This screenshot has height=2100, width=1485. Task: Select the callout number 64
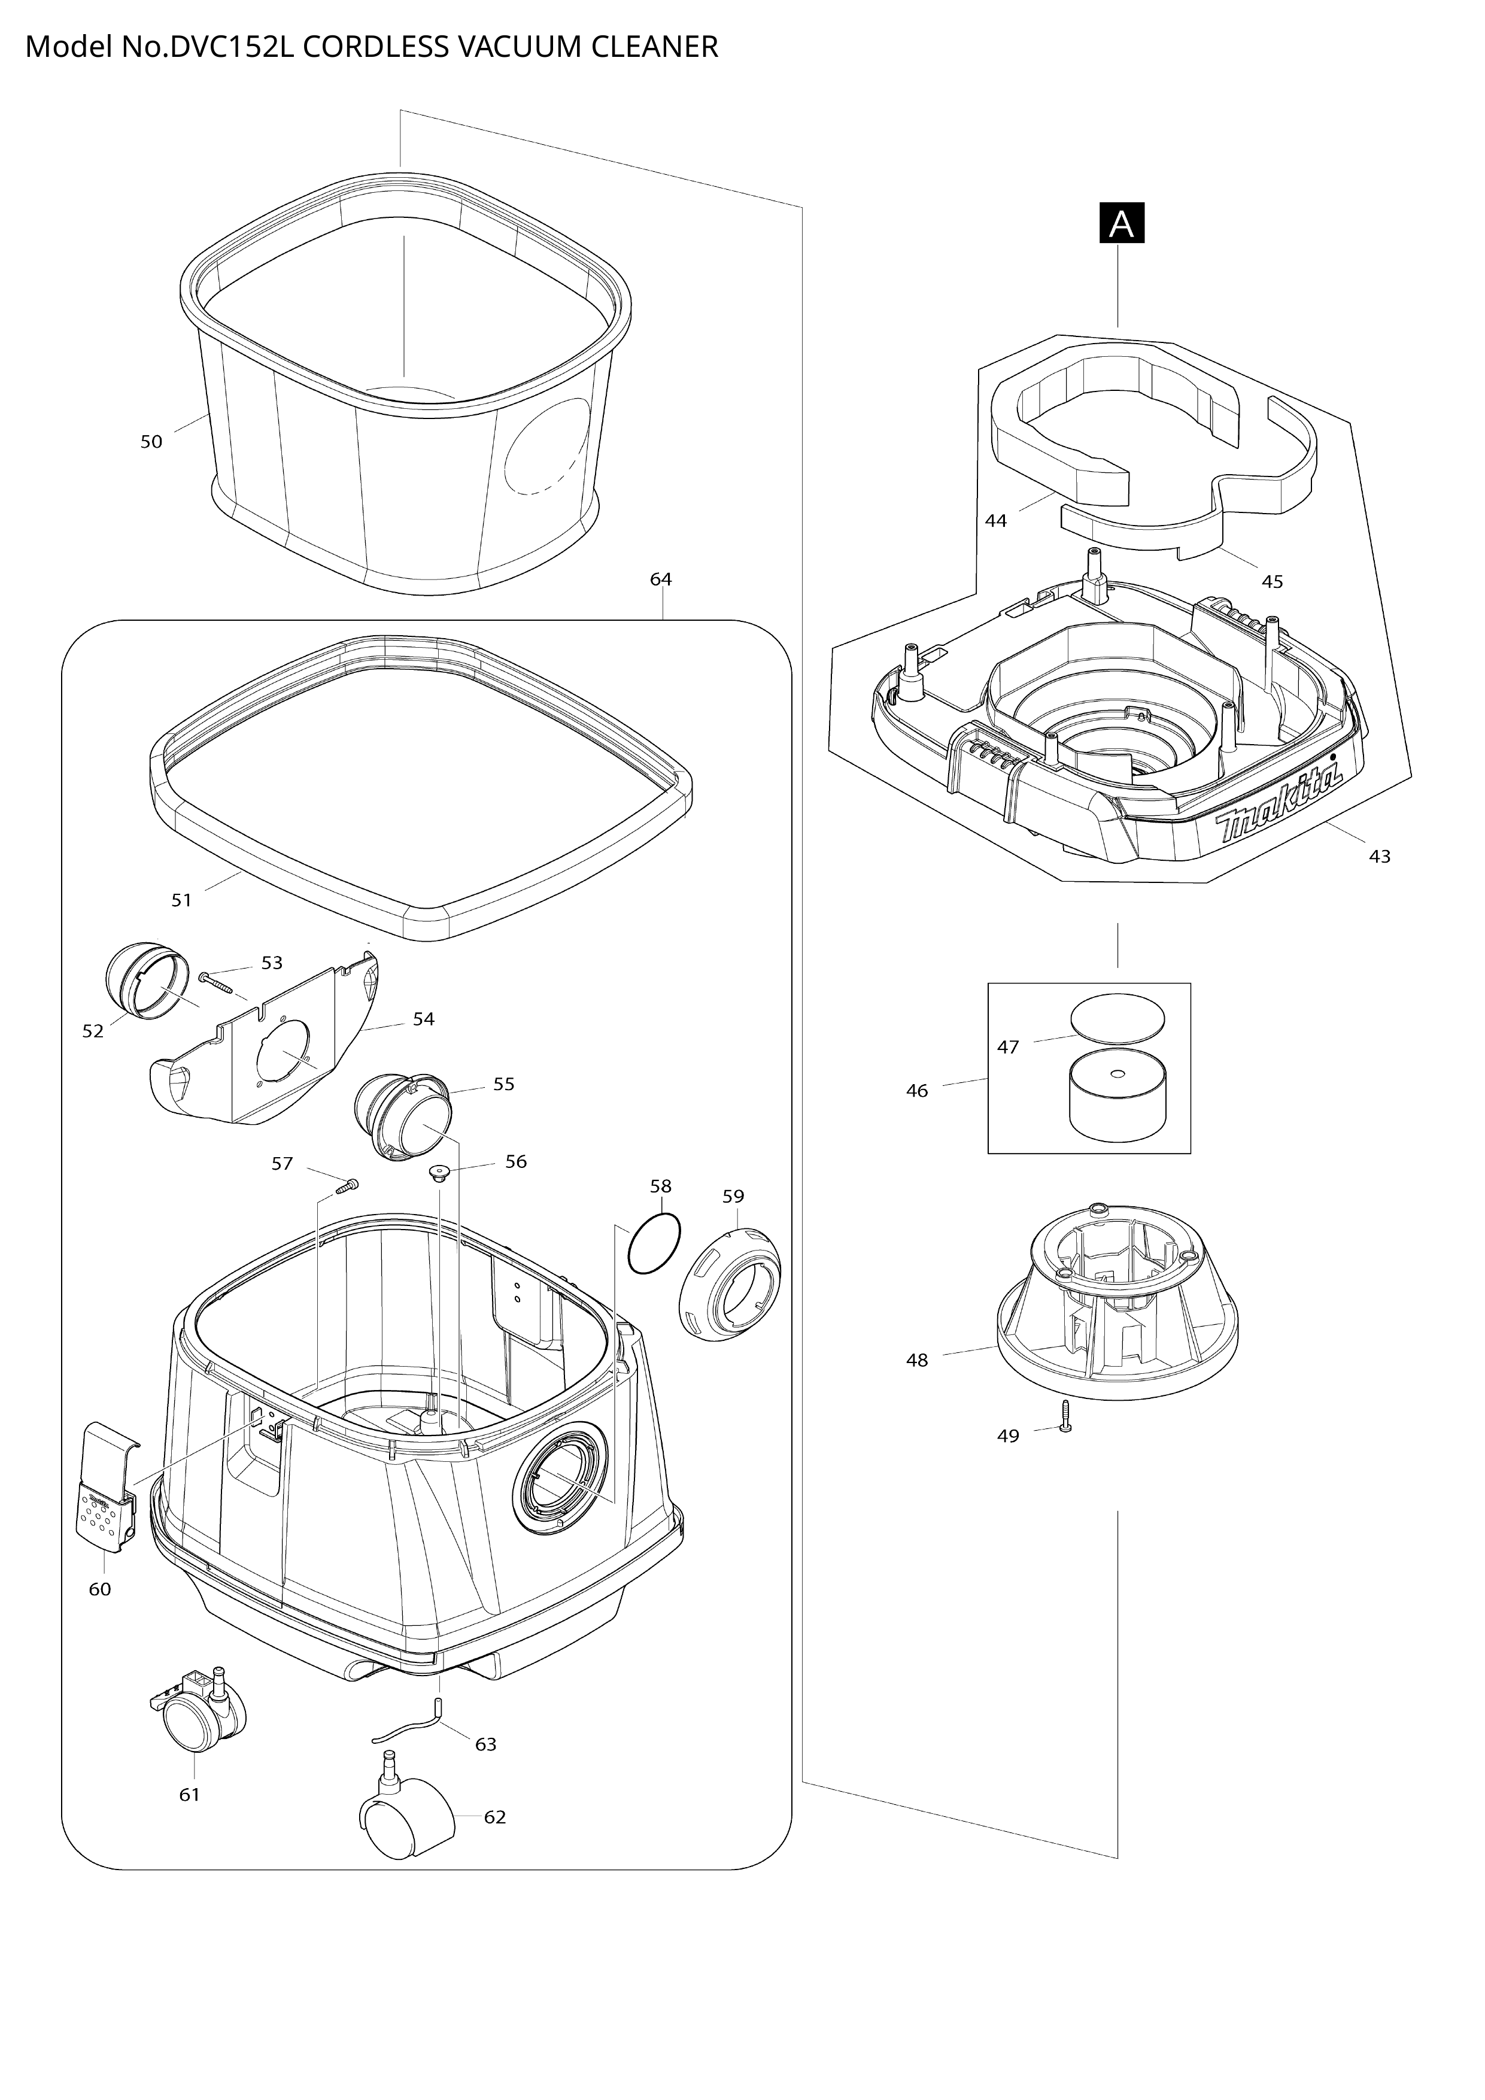click(x=661, y=579)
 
